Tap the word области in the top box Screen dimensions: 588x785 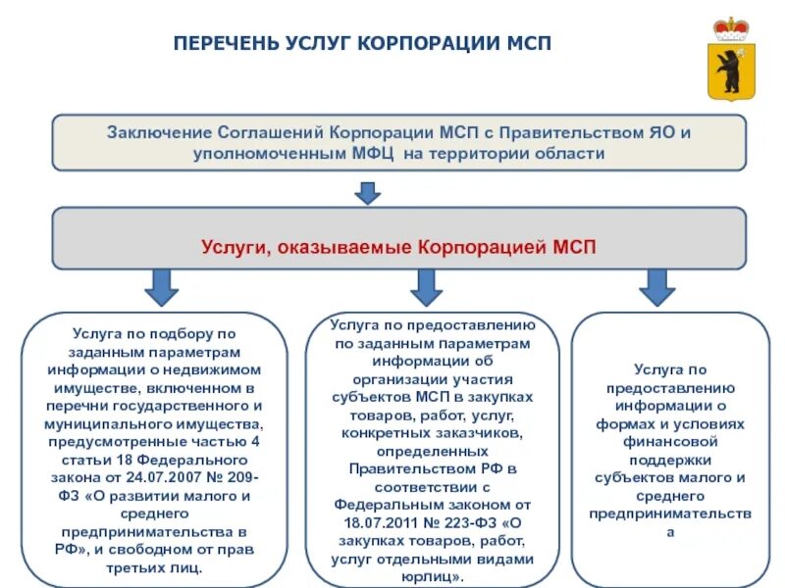pos(570,154)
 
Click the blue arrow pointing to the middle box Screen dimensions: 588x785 pos(425,287)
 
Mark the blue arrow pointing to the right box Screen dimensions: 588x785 pos(657,287)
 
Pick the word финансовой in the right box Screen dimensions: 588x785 pos(669,442)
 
